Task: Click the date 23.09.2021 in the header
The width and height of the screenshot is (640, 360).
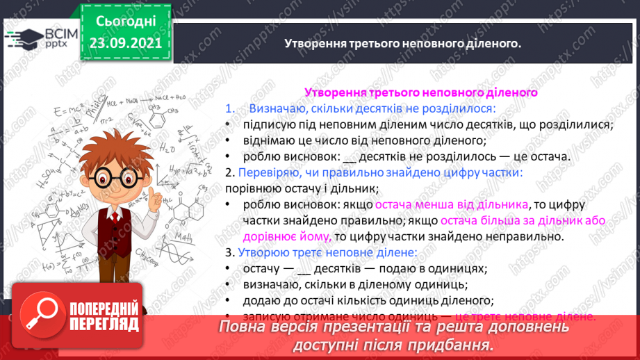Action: pyautogui.click(x=126, y=42)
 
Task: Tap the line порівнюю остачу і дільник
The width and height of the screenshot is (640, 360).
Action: pyautogui.click(x=302, y=188)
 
